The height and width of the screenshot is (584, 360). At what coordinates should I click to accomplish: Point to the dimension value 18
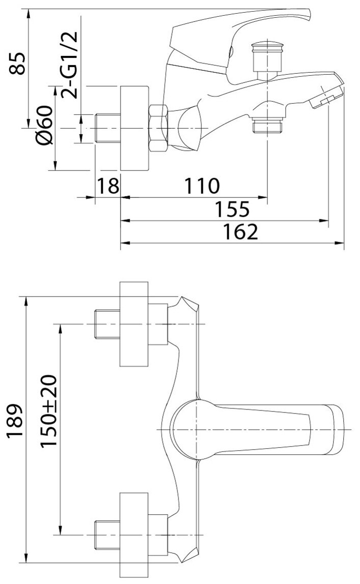click(x=107, y=185)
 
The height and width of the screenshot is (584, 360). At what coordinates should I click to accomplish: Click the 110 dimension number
click(x=202, y=185)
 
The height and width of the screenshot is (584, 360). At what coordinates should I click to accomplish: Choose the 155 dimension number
click(x=231, y=209)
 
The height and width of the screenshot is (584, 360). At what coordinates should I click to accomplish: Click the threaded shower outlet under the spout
click(x=266, y=125)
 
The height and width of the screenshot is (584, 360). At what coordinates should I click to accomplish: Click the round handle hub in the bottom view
click(x=191, y=428)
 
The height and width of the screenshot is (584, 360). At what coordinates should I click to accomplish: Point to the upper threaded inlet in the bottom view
click(x=107, y=324)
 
